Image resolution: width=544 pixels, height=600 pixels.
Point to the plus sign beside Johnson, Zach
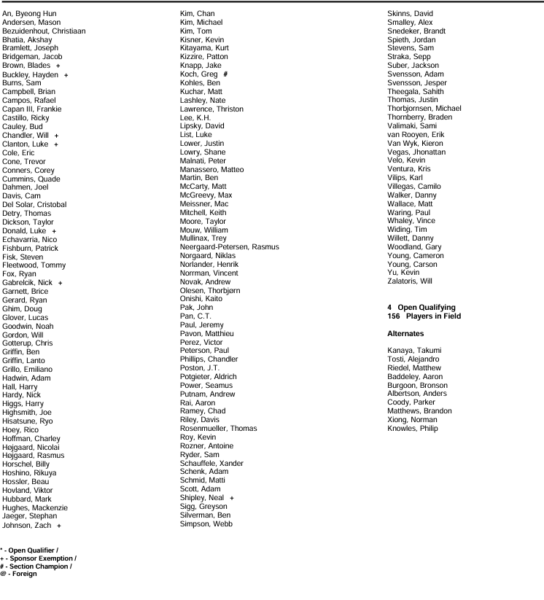tap(59, 525)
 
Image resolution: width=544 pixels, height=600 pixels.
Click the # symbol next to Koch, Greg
tap(226, 74)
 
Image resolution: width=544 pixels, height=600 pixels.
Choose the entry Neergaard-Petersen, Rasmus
tap(229, 247)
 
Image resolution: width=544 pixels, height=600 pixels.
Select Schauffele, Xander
tap(211, 464)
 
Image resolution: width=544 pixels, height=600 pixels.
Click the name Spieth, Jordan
tap(412, 39)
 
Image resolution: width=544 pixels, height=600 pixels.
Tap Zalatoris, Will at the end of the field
tap(410, 281)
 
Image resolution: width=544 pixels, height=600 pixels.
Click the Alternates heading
tap(406, 333)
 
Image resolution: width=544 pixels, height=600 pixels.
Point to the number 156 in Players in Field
tap(395, 316)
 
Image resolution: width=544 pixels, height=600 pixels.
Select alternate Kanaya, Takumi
tap(414, 351)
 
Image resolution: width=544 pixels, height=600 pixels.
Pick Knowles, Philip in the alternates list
tap(413, 429)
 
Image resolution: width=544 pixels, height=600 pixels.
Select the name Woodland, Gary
tap(414, 247)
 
